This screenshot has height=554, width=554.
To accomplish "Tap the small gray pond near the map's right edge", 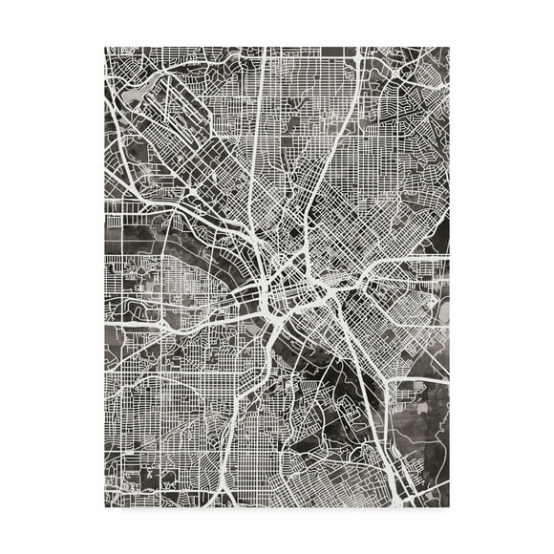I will [440, 309].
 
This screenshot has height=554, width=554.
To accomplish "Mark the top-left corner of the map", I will [105, 45].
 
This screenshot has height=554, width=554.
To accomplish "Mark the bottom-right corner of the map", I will [449, 509].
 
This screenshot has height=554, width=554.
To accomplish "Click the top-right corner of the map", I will [449, 45].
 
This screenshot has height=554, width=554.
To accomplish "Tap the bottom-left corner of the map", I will [105, 509].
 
